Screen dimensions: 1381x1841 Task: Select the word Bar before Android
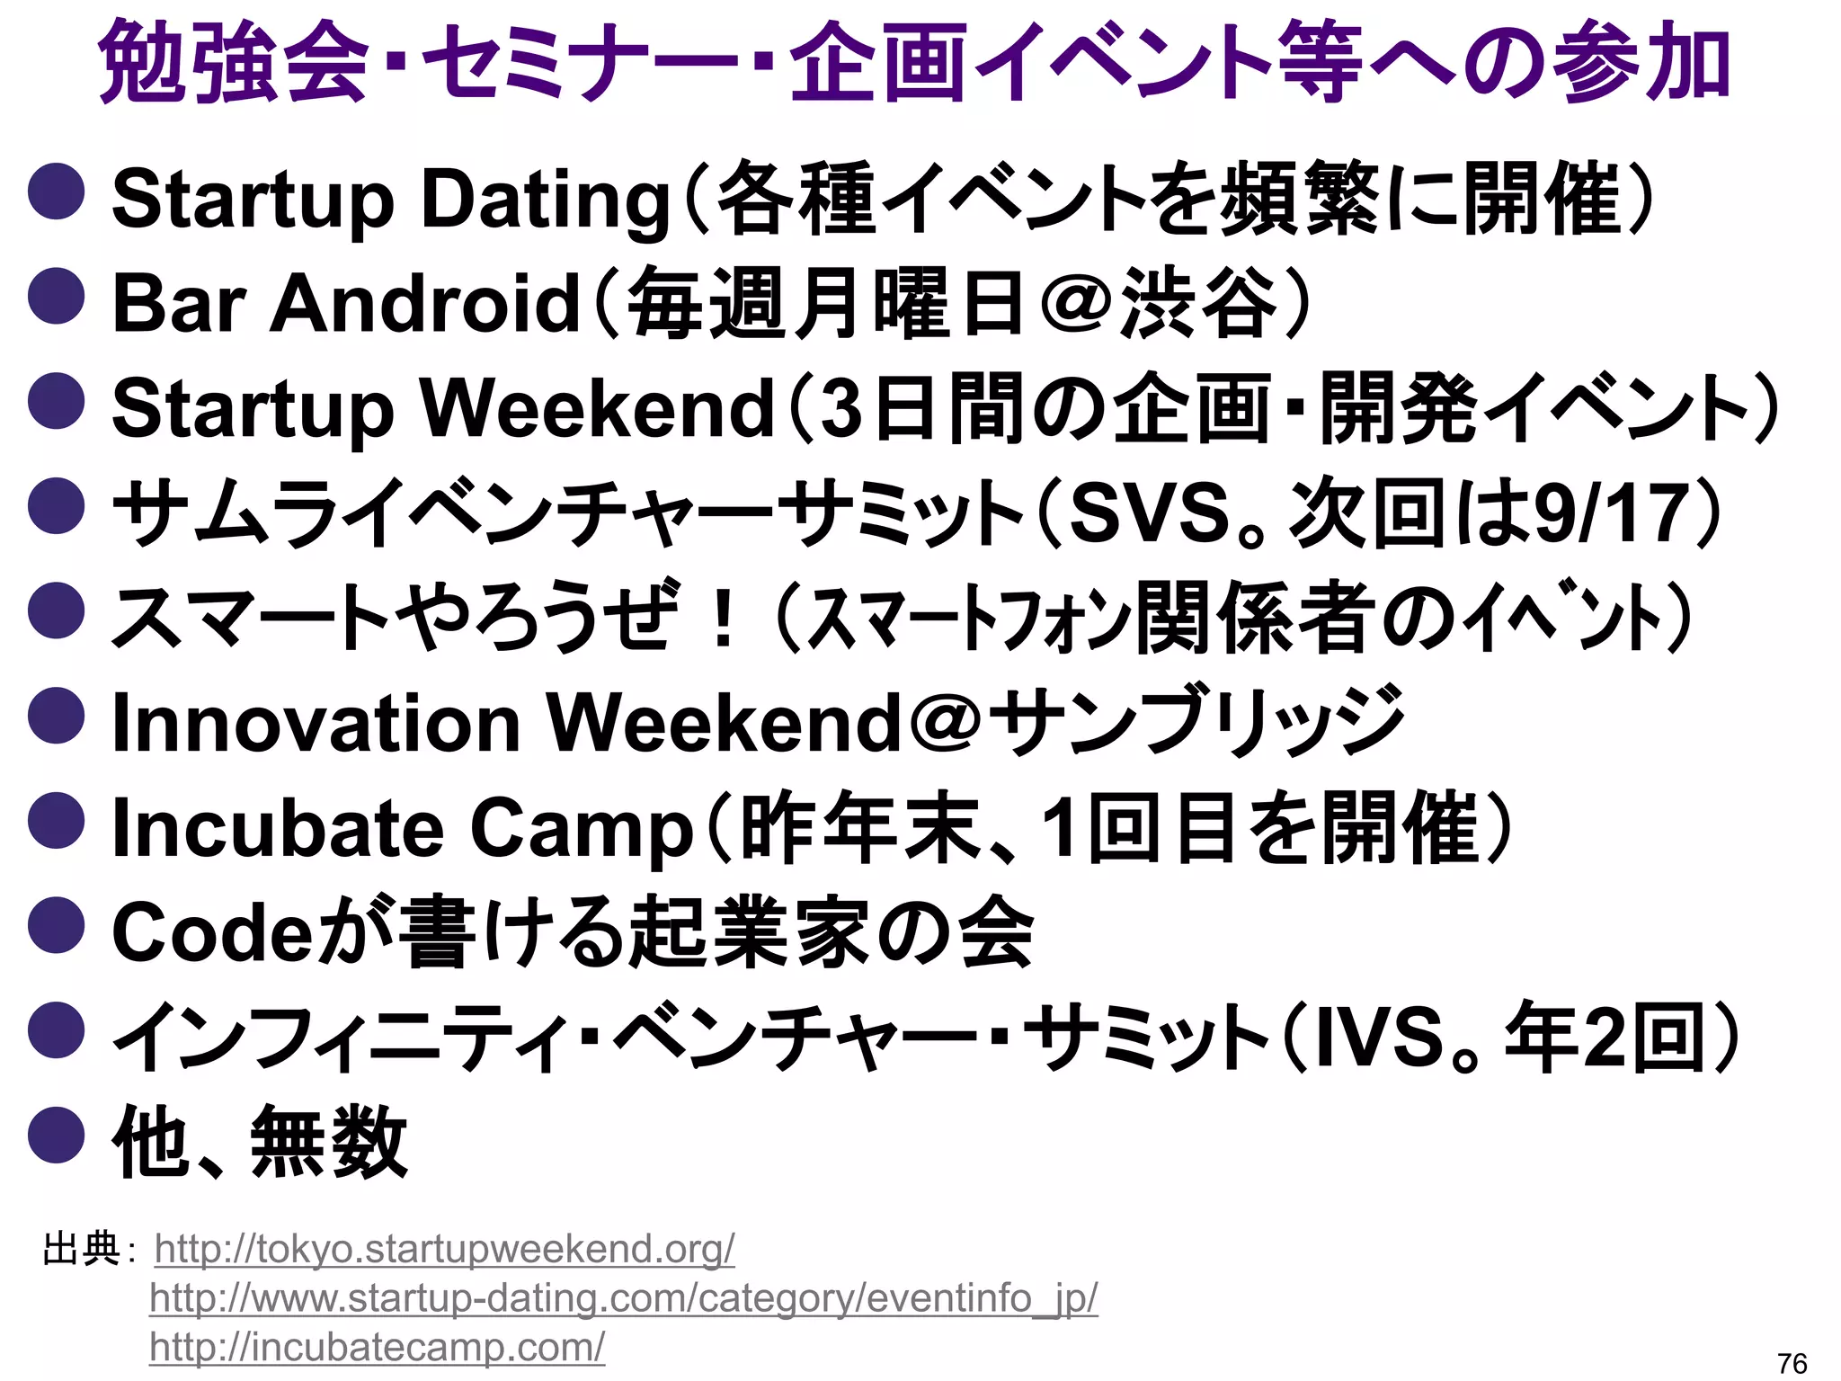click(179, 304)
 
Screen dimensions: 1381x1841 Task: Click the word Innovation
click(316, 724)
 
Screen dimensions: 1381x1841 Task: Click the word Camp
click(582, 829)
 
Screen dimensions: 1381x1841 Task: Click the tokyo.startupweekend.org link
click(444, 1249)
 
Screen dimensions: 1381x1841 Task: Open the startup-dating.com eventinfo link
click(624, 1297)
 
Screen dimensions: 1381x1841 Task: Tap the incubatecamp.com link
click(378, 1347)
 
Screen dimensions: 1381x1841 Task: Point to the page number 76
click(1792, 1363)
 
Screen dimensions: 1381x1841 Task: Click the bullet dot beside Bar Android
click(57, 296)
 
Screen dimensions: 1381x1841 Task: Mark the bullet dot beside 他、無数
click(57, 1135)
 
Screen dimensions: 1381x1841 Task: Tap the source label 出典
click(82, 1249)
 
